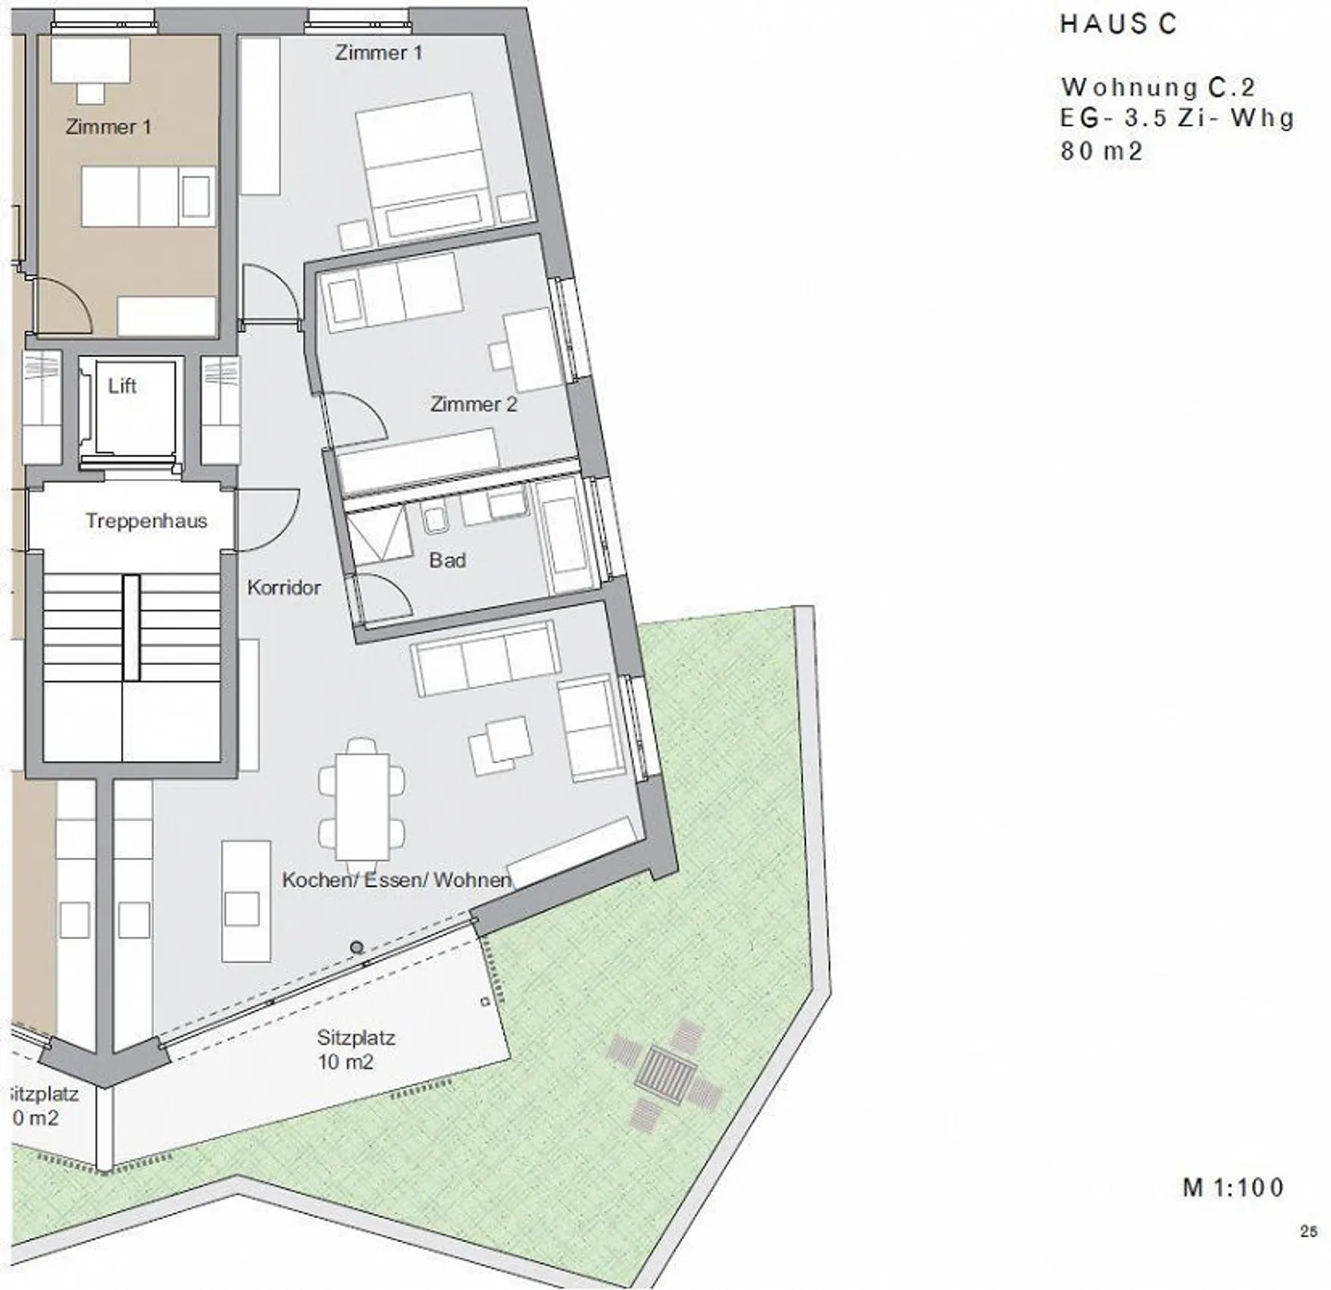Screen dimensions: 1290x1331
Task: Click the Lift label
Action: pyautogui.click(x=122, y=386)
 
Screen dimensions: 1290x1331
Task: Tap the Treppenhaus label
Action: pyautogui.click(x=146, y=521)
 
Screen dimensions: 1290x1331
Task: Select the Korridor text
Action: pyautogui.click(x=284, y=587)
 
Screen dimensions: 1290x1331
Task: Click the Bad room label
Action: pyautogui.click(x=447, y=559)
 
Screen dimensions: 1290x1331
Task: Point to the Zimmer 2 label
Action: pyautogui.click(x=473, y=404)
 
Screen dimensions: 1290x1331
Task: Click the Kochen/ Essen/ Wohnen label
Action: pyautogui.click(x=397, y=879)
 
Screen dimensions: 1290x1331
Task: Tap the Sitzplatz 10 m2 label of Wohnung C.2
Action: pyautogui.click(x=356, y=1050)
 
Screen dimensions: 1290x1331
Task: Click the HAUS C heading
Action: pyautogui.click(x=1117, y=24)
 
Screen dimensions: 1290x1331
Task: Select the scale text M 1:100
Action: pyautogui.click(x=1233, y=1187)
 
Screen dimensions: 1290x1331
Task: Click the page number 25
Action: pyautogui.click(x=1308, y=1231)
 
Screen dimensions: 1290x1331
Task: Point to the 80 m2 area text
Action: pyautogui.click(x=1102, y=151)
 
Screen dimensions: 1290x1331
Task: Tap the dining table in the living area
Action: pyautogui.click(x=362, y=805)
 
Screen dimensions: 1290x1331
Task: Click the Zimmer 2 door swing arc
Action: pyautogui.click(x=356, y=416)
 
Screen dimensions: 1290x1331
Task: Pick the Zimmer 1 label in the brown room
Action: pyautogui.click(x=108, y=127)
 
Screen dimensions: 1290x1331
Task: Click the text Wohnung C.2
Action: pyautogui.click(x=1158, y=87)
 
